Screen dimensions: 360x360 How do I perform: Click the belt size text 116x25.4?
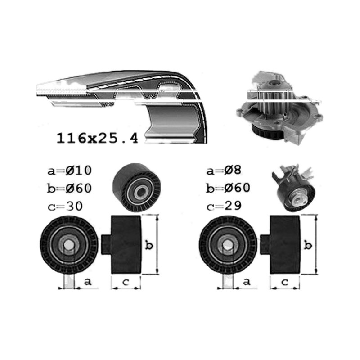[97, 138]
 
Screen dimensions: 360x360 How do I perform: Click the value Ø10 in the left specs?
[78, 171]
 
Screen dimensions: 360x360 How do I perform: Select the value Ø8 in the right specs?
[233, 170]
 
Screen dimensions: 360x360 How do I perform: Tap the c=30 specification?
[65, 206]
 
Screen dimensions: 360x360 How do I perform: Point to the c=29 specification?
[224, 206]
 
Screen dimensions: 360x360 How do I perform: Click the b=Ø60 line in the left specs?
[69, 188]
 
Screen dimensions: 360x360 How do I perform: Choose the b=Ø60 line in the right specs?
[228, 188]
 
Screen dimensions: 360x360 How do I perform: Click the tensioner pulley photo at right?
[293, 188]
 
